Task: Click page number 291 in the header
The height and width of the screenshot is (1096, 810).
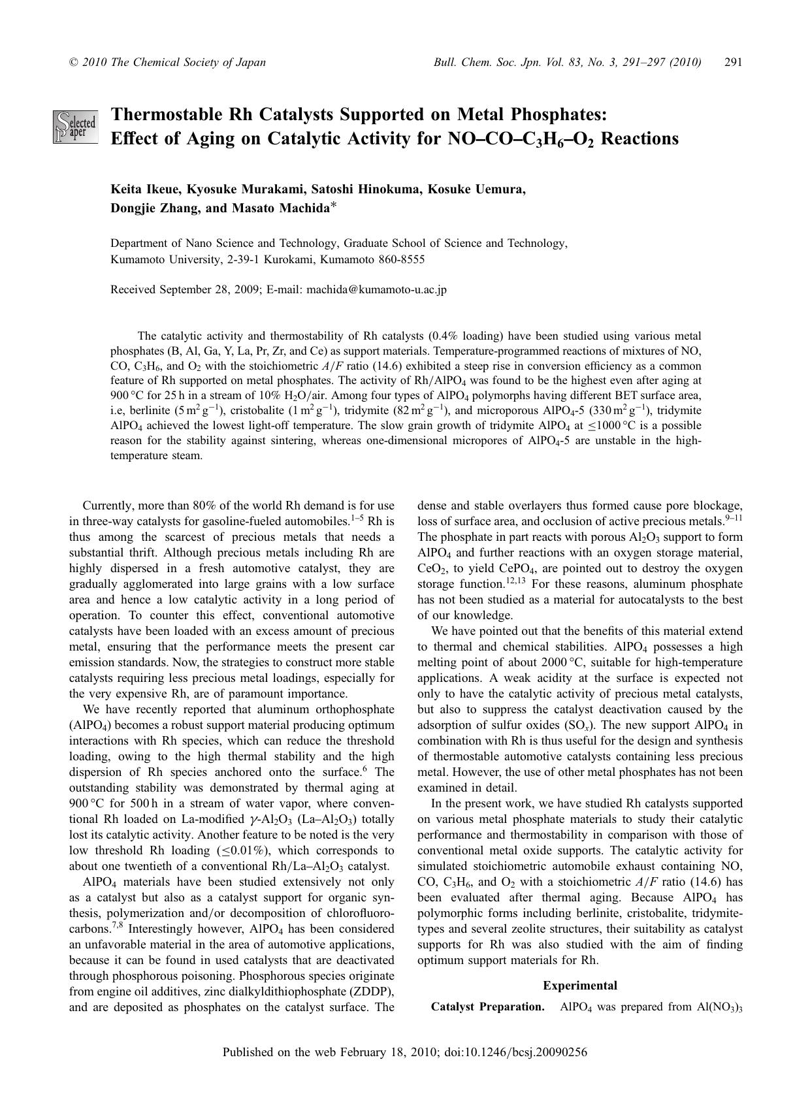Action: [734, 63]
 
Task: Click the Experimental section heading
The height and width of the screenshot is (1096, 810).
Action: [579, 986]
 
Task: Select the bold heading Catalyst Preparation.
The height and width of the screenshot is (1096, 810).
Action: [487, 1007]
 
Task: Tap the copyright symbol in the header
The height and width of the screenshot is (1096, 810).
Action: [73, 63]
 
